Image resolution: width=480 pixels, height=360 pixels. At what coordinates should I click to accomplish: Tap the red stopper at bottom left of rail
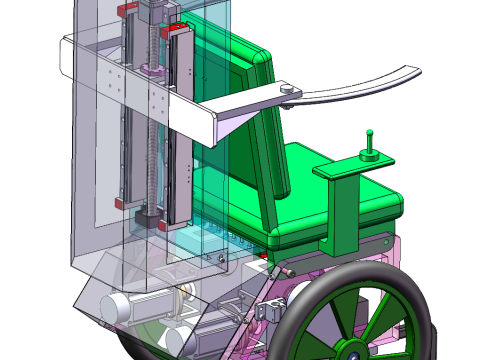click(x=121, y=203)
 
